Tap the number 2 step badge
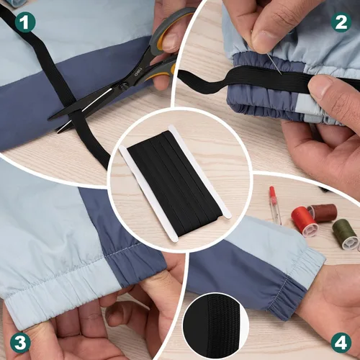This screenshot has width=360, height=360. (340, 22)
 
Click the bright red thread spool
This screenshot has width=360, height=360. (305, 220)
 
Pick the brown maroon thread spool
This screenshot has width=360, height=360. (324, 212)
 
